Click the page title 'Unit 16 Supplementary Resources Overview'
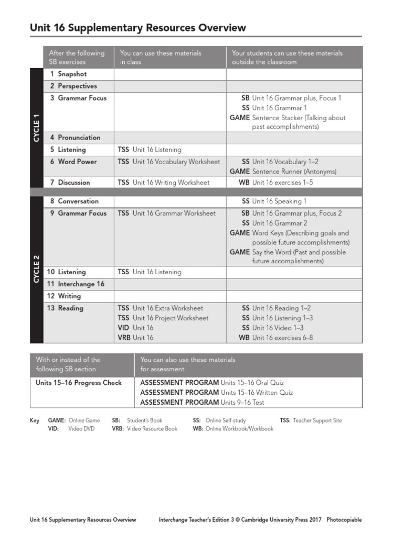tap(138, 28)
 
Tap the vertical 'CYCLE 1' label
tap(37, 127)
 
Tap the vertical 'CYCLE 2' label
tap(37, 269)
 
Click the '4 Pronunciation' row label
tap(75, 137)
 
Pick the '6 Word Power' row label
tap(73, 162)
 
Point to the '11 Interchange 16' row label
tap(76, 284)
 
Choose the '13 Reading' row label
tap(65, 308)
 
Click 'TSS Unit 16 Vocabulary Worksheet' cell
tap(168, 162)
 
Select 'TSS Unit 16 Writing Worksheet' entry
tap(163, 182)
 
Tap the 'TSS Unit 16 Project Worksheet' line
tap(163, 318)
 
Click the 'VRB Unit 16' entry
tap(135, 338)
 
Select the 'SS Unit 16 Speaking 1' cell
tap(274, 201)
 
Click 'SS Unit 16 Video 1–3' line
tap(272, 328)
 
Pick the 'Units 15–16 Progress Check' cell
tap(79, 383)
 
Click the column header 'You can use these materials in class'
tap(161, 57)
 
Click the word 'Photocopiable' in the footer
tap(344, 520)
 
